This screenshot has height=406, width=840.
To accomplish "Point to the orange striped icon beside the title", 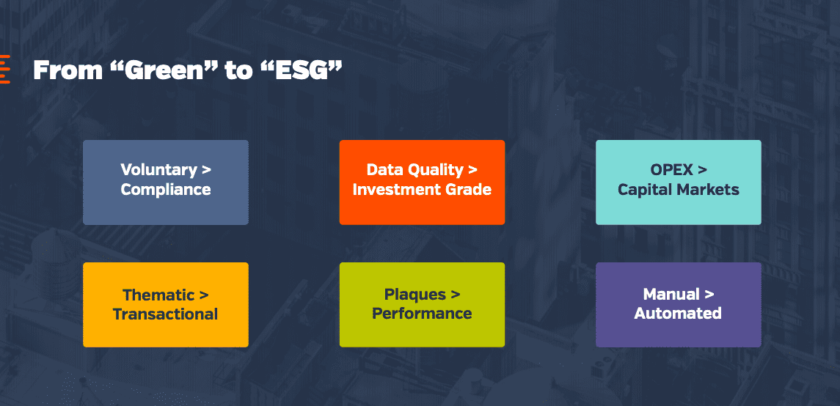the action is tap(5, 69).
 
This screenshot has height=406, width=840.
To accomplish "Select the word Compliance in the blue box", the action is tap(166, 189).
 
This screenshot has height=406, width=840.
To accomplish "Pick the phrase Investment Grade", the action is tap(422, 189).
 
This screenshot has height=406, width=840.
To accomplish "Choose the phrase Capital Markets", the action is tap(678, 189).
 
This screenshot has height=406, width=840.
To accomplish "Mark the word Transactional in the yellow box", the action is tap(166, 314).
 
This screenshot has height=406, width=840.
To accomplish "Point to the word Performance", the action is tap(422, 314).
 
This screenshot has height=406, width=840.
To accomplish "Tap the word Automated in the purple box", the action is tap(678, 314).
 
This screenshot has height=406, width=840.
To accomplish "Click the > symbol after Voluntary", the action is tap(206, 171).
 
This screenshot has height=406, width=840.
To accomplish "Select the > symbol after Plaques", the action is tap(456, 295).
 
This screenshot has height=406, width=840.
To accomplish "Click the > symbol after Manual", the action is tap(709, 295).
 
